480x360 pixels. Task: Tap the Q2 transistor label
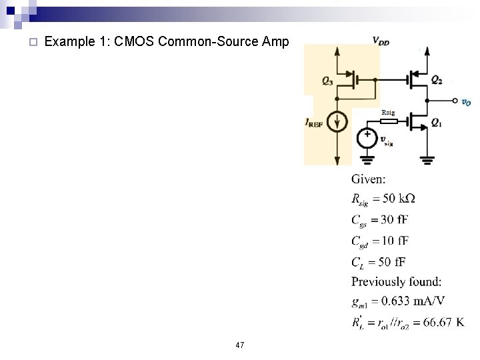[x=436, y=80]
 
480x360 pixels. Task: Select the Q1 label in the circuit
[x=436, y=122]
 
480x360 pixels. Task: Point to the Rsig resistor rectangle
[x=389, y=121]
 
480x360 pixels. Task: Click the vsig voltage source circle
[x=367, y=137]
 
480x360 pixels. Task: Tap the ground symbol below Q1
[x=427, y=159]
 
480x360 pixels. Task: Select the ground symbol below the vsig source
[x=367, y=159]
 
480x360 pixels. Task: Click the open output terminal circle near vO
[x=453, y=101]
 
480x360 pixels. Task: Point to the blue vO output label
[x=466, y=102]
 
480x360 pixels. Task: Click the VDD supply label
[x=381, y=42]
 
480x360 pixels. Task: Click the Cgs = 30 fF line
[x=381, y=220]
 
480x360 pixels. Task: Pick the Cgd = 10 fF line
[x=381, y=240]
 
